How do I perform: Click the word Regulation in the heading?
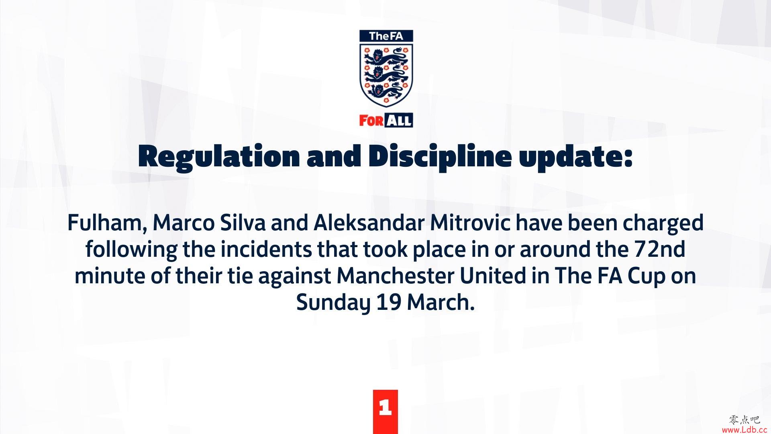pos(219,157)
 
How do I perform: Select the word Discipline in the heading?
pos(440,157)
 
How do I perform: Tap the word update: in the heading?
pos(576,157)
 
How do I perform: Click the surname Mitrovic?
pos(470,223)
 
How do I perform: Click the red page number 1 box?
pos(385,411)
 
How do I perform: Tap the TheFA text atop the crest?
pos(386,36)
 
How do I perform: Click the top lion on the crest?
pos(386,57)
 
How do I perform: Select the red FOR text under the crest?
pos(371,121)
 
